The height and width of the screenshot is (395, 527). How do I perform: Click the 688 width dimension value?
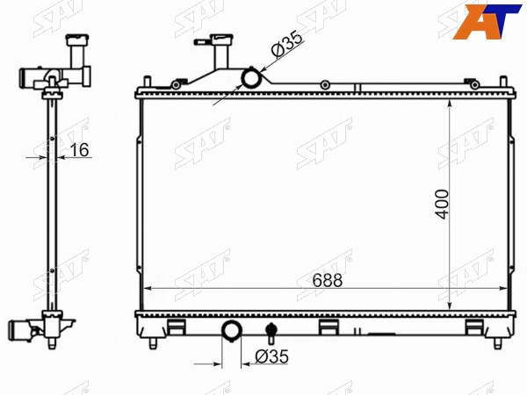point(328,280)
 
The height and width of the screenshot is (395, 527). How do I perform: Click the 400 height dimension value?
point(442,205)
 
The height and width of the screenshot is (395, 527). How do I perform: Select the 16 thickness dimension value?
point(79,149)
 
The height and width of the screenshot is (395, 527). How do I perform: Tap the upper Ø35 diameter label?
point(286,45)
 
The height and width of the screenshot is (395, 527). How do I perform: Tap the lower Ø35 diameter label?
point(272,356)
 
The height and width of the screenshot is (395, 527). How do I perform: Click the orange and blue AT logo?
point(487,22)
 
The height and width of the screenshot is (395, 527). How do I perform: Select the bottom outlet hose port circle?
point(232,331)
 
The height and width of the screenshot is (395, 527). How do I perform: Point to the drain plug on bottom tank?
point(271,333)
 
